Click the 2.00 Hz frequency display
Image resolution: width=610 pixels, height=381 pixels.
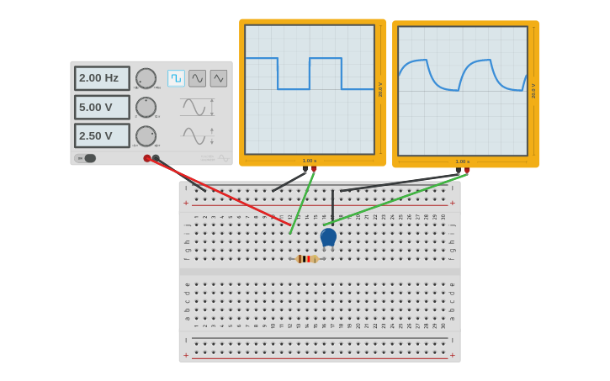tap(102, 78)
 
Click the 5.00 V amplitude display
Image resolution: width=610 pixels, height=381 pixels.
tap(102, 107)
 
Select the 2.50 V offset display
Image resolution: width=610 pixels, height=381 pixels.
tap(102, 135)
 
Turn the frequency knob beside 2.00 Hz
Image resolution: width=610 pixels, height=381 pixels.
tap(146, 78)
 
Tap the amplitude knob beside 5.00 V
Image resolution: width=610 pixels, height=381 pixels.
tap(146, 107)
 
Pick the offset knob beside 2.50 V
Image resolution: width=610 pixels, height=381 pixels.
tap(146, 135)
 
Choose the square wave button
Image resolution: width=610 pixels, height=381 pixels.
tap(176, 78)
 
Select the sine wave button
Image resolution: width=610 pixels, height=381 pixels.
tap(197, 78)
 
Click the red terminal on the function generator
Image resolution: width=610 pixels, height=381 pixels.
tap(147, 158)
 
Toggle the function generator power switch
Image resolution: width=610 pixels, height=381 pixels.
tap(86, 158)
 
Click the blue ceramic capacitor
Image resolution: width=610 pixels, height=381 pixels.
tap(328, 237)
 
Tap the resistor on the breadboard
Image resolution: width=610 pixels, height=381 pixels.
tap(307, 259)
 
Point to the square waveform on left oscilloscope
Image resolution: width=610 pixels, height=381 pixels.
tap(310, 73)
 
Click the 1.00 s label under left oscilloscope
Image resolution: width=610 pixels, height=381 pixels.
tap(310, 161)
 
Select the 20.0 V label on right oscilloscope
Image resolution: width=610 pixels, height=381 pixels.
tap(533, 90)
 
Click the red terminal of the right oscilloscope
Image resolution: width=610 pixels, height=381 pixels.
tap(467, 171)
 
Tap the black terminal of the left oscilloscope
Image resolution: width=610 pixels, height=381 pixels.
tap(305, 169)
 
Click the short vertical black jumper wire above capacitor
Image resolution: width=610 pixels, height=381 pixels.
tap(332, 206)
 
